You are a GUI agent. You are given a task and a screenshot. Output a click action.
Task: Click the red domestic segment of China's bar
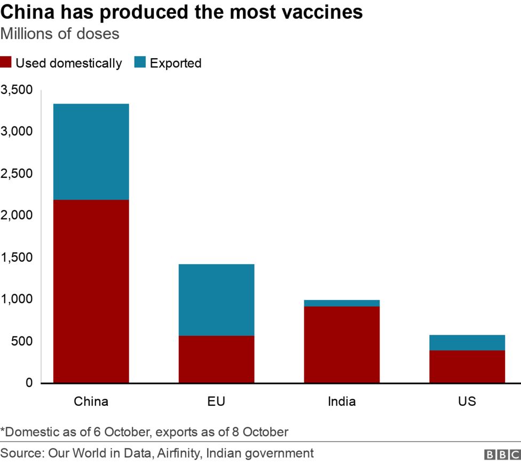click(91, 291)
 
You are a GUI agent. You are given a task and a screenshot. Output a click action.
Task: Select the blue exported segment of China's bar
click(91, 152)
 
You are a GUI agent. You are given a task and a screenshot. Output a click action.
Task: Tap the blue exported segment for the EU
click(216, 300)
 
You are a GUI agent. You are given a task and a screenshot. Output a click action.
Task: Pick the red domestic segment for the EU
click(216, 359)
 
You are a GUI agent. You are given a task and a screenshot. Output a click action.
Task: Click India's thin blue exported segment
click(342, 303)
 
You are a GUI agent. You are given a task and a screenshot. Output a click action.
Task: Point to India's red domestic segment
click(342, 344)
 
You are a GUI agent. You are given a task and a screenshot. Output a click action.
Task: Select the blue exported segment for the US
click(467, 342)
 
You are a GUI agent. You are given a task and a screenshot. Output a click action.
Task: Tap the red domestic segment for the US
click(467, 366)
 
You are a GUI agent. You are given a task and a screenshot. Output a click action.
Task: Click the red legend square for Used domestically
click(6, 62)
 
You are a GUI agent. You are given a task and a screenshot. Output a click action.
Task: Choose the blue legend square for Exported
click(140, 62)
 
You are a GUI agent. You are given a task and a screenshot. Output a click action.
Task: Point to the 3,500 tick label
click(17, 90)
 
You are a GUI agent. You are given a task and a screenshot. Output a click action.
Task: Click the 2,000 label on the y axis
click(17, 215)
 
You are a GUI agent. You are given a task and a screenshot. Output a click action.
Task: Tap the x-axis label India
click(342, 401)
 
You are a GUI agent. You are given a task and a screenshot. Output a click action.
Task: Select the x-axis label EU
click(216, 401)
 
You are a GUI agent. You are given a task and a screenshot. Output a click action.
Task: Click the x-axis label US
click(467, 401)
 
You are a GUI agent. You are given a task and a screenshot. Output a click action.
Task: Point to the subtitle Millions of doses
click(60, 34)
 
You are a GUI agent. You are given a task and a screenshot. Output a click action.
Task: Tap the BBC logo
click(502, 454)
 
